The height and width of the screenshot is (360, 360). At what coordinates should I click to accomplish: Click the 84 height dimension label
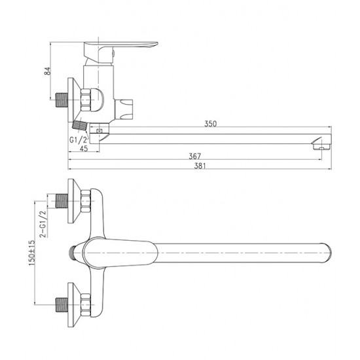(x=47, y=71)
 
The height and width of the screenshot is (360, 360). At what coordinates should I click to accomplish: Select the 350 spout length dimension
(x=210, y=124)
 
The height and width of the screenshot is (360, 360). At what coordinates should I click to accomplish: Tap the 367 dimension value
(x=195, y=156)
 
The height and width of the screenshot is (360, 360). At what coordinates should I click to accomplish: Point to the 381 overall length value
(x=200, y=166)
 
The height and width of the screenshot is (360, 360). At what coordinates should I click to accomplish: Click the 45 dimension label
(x=84, y=149)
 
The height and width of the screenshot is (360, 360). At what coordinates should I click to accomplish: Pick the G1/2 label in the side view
(x=79, y=139)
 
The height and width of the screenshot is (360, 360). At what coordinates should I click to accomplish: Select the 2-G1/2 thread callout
(x=43, y=224)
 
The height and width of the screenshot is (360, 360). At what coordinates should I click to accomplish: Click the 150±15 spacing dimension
(x=31, y=253)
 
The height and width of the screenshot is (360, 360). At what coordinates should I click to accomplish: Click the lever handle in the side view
(x=120, y=52)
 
